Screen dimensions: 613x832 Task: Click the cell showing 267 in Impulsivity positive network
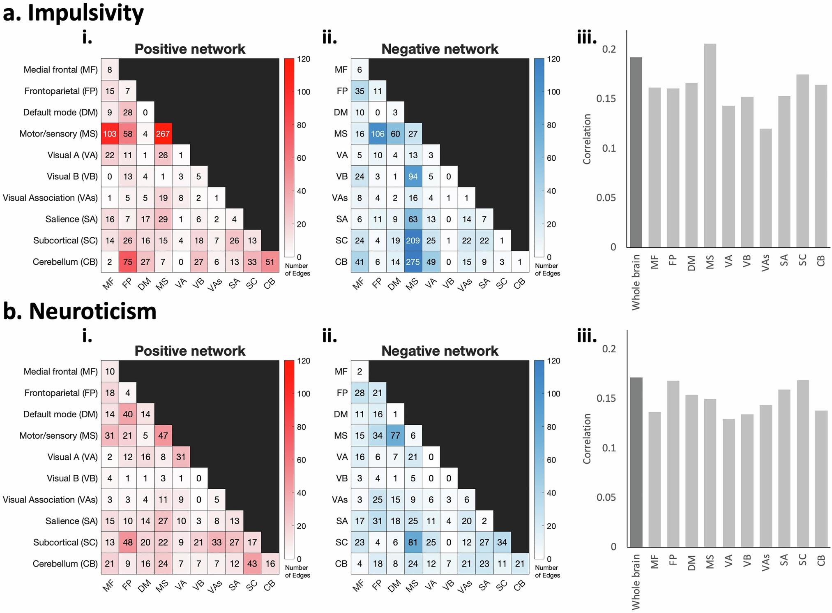(163, 134)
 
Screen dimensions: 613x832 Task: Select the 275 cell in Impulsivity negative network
(413, 262)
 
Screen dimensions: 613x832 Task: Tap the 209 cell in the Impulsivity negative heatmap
(413, 241)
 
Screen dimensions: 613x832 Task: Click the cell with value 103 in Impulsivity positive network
(110, 134)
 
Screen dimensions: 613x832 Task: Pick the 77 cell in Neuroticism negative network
(395, 435)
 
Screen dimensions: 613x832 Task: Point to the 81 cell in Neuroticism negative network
(413, 542)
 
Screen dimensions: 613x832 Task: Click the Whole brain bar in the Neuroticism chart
(636, 462)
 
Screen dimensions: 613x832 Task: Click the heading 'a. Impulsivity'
(74, 13)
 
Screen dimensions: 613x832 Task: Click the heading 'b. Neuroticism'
(80, 312)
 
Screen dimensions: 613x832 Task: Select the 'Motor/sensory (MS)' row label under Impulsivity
(58, 134)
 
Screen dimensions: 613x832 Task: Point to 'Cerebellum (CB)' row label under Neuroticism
(65, 564)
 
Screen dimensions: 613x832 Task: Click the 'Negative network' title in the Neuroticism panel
(440, 351)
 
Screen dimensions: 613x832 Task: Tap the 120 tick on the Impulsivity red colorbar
(304, 59)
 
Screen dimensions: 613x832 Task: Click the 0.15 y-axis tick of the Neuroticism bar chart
(606, 398)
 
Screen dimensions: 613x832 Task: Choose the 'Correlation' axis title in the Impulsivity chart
(587, 139)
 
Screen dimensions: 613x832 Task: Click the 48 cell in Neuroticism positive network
(127, 542)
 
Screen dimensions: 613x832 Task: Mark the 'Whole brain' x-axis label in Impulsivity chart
(636, 282)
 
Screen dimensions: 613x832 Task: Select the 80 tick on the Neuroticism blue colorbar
(551, 427)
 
